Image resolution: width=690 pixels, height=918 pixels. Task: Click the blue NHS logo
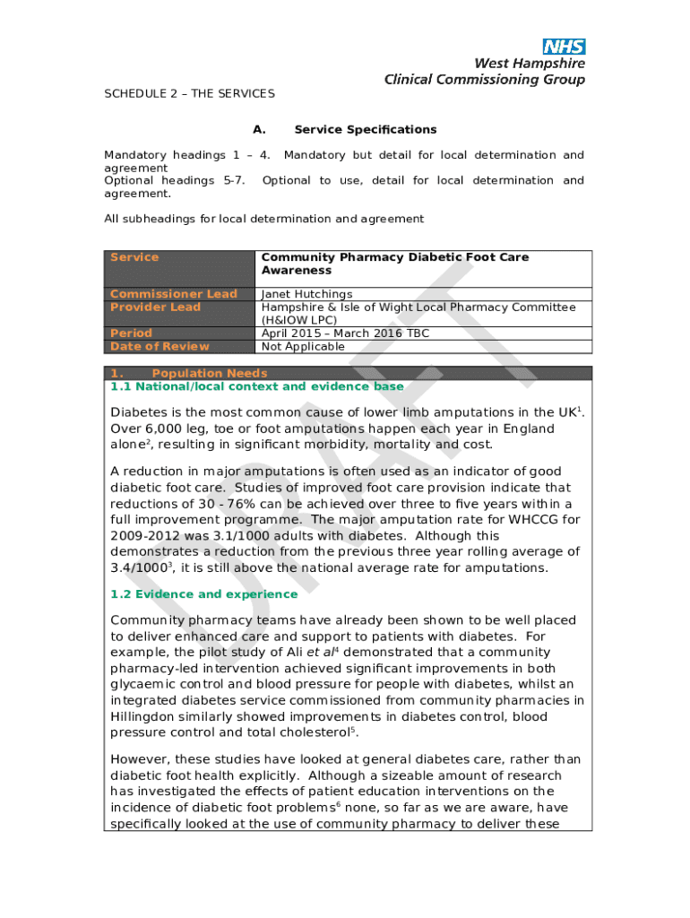pyautogui.click(x=564, y=47)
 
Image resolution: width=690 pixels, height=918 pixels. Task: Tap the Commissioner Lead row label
pyautogui.click(x=173, y=294)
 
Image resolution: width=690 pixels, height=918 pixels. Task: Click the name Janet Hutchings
pyautogui.click(x=306, y=294)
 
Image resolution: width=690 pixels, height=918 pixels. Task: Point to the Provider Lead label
pyautogui.click(x=155, y=307)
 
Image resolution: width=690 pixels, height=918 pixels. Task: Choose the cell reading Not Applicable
pyautogui.click(x=303, y=347)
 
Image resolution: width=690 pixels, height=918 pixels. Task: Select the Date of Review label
pyautogui.click(x=160, y=347)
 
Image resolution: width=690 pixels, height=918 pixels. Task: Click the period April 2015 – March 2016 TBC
pyautogui.click(x=345, y=333)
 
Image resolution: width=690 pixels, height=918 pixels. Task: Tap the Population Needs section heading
pyautogui.click(x=210, y=373)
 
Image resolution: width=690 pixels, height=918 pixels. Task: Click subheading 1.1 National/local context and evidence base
pyautogui.click(x=256, y=386)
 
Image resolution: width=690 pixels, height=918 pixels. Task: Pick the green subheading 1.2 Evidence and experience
pyautogui.click(x=203, y=594)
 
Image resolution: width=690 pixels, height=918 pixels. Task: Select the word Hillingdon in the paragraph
pyautogui.click(x=149, y=716)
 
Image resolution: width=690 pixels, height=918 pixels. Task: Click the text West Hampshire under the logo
pyautogui.click(x=529, y=65)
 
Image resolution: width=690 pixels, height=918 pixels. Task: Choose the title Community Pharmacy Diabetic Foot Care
pyautogui.click(x=395, y=257)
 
